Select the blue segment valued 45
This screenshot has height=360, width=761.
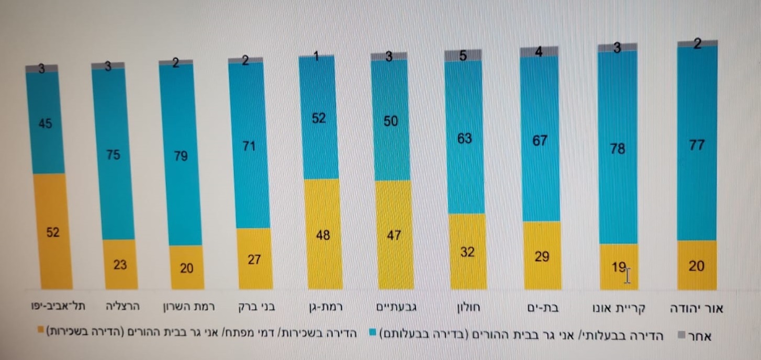[46, 123]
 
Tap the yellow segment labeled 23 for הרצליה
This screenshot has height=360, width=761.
[120, 264]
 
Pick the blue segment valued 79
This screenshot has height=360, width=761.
[180, 155]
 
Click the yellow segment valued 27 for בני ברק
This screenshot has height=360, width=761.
[254, 258]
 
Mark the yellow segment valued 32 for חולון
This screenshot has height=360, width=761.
[466, 252]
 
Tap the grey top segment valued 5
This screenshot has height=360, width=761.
[463, 55]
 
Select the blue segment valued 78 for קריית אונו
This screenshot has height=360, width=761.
[618, 148]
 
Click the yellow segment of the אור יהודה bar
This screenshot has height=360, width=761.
[697, 265]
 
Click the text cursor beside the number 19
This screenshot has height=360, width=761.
[628, 274]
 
